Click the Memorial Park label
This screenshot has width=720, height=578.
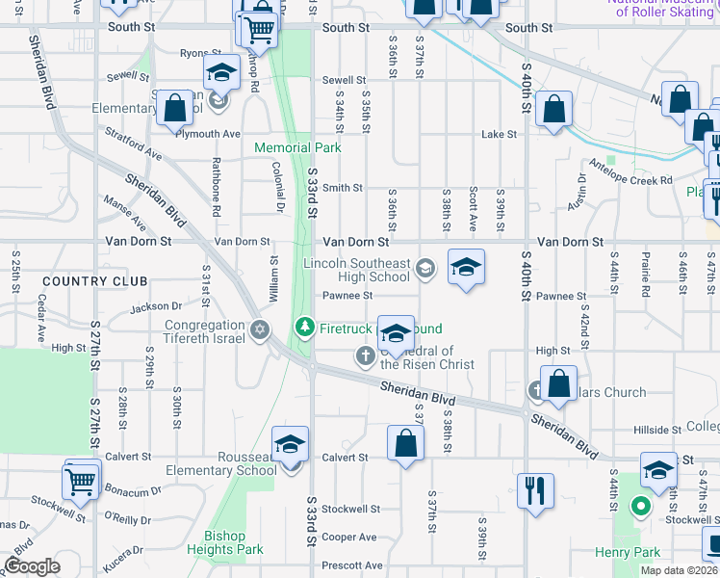pos(297,148)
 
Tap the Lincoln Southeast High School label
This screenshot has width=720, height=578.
pos(357,270)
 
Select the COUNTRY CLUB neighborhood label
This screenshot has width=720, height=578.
pos(95,281)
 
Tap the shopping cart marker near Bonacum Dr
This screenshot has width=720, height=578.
pos(82,479)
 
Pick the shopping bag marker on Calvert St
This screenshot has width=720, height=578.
pos(405,444)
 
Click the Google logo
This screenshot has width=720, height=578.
pos(32,566)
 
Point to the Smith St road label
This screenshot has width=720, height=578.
pos(342,188)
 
